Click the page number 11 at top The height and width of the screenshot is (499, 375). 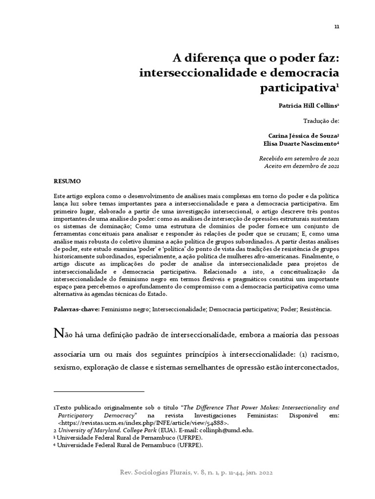(336, 26)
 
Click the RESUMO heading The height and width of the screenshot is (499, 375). (67, 181)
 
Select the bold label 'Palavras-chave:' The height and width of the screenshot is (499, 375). (76, 309)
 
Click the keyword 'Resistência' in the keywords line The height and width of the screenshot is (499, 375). (315, 309)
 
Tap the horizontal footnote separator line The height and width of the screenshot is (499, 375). (99, 391)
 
